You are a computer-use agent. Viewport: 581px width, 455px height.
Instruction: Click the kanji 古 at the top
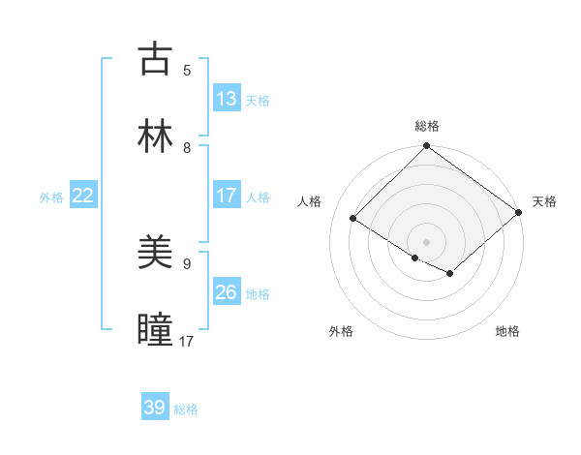click(156, 59)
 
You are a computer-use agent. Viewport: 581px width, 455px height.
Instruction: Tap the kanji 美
click(156, 253)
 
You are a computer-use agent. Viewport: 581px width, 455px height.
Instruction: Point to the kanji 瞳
click(156, 330)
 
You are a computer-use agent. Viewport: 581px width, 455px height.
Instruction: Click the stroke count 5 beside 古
click(187, 70)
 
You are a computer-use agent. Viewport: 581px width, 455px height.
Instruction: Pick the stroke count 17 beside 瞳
click(187, 341)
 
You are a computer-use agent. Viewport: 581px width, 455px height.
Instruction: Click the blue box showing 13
click(227, 99)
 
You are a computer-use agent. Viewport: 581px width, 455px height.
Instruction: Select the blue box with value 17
click(227, 196)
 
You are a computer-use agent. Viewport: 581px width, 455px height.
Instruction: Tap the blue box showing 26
click(227, 292)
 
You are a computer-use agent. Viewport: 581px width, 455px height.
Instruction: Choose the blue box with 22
click(83, 196)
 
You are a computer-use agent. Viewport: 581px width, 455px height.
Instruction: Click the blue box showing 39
click(155, 408)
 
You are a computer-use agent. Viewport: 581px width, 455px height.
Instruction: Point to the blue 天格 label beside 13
click(258, 101)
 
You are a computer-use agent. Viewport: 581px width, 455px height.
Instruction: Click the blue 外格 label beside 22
click(51, 197)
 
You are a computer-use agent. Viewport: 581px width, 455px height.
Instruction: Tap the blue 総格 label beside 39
click(186, 409)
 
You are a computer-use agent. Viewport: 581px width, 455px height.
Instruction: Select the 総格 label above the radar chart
click(427, 126)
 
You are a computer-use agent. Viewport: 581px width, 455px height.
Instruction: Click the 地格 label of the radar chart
click(507, 331)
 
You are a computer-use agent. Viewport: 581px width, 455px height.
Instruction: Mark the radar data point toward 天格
click(520, 214)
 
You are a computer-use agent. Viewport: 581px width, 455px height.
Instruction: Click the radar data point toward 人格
click(353, 219)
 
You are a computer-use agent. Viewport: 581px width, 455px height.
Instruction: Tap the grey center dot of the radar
click(427, 241)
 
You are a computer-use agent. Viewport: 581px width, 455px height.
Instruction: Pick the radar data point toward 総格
click(427, 147)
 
